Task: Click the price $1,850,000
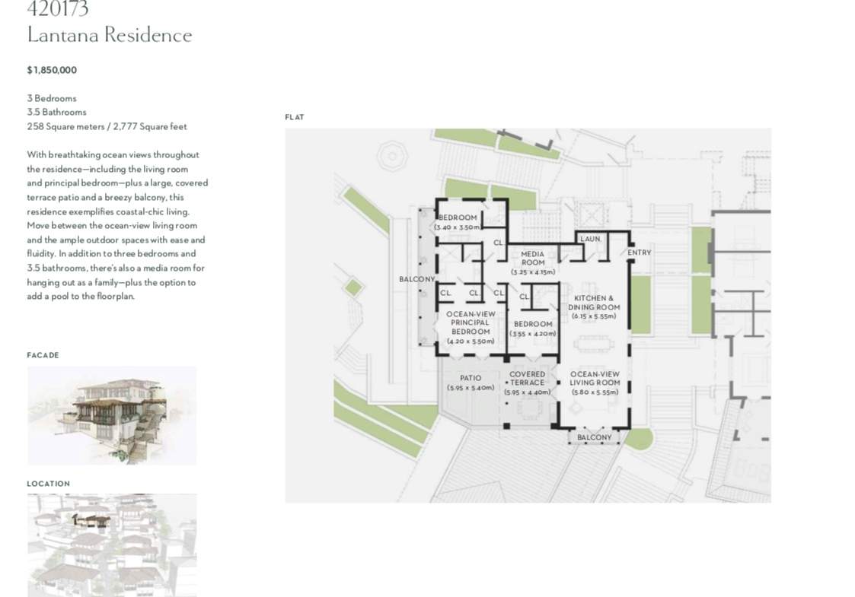52,70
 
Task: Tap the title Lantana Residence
110,35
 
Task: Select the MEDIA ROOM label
533,258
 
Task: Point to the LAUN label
590,239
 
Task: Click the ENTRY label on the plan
639,252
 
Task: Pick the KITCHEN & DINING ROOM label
594,303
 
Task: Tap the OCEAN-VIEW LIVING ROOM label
595,379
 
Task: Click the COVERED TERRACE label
528,379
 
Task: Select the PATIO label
471,377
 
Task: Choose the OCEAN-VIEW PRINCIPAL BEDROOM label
471,322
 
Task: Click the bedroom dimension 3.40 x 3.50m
458,227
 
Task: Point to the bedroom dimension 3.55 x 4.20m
533,333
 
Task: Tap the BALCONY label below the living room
595,437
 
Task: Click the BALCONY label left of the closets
417,279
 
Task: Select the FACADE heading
43,355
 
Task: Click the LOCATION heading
49,484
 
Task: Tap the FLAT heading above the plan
295,117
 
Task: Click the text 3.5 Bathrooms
56,113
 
